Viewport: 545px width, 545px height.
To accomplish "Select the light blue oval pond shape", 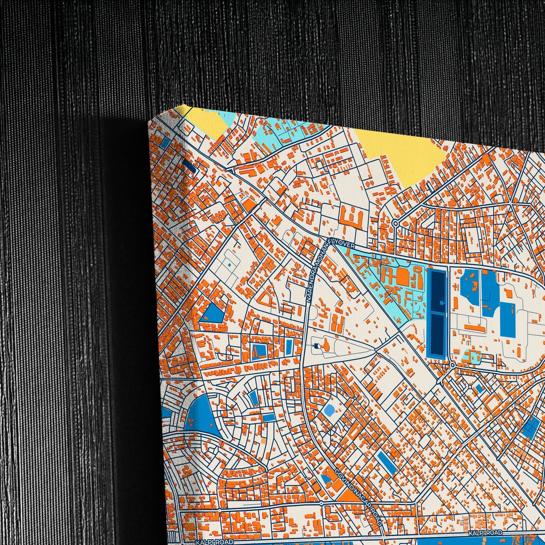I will click(329, 409).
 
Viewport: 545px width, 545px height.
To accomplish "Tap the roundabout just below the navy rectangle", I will click(452, 365).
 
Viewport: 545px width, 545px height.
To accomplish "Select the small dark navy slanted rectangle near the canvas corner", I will click(189, 166).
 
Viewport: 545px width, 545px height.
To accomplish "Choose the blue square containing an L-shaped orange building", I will click(259, 350).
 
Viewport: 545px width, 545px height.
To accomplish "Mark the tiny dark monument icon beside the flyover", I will click(316, 345).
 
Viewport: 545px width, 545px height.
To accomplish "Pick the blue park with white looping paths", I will click(530, 428).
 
